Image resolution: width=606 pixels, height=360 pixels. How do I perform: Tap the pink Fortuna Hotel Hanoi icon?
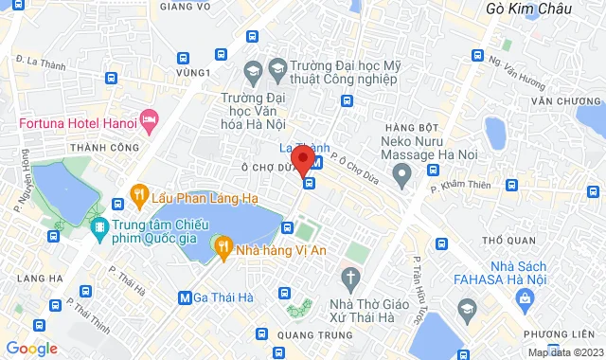click(x=149, y=118)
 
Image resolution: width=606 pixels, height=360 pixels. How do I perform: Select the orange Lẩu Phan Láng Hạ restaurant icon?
click(x=139, y=197)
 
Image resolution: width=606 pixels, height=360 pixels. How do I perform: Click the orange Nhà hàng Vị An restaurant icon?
click(x=223, y=248)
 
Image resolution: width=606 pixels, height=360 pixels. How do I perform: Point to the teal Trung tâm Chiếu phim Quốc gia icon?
click(x=99, y=227)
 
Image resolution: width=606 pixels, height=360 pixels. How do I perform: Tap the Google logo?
click(x=31, y=349)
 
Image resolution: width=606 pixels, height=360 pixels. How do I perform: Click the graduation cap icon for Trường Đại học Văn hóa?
click(x=253, y=70)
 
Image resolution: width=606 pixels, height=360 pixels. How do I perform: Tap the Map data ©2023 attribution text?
click(x=564, y=352)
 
